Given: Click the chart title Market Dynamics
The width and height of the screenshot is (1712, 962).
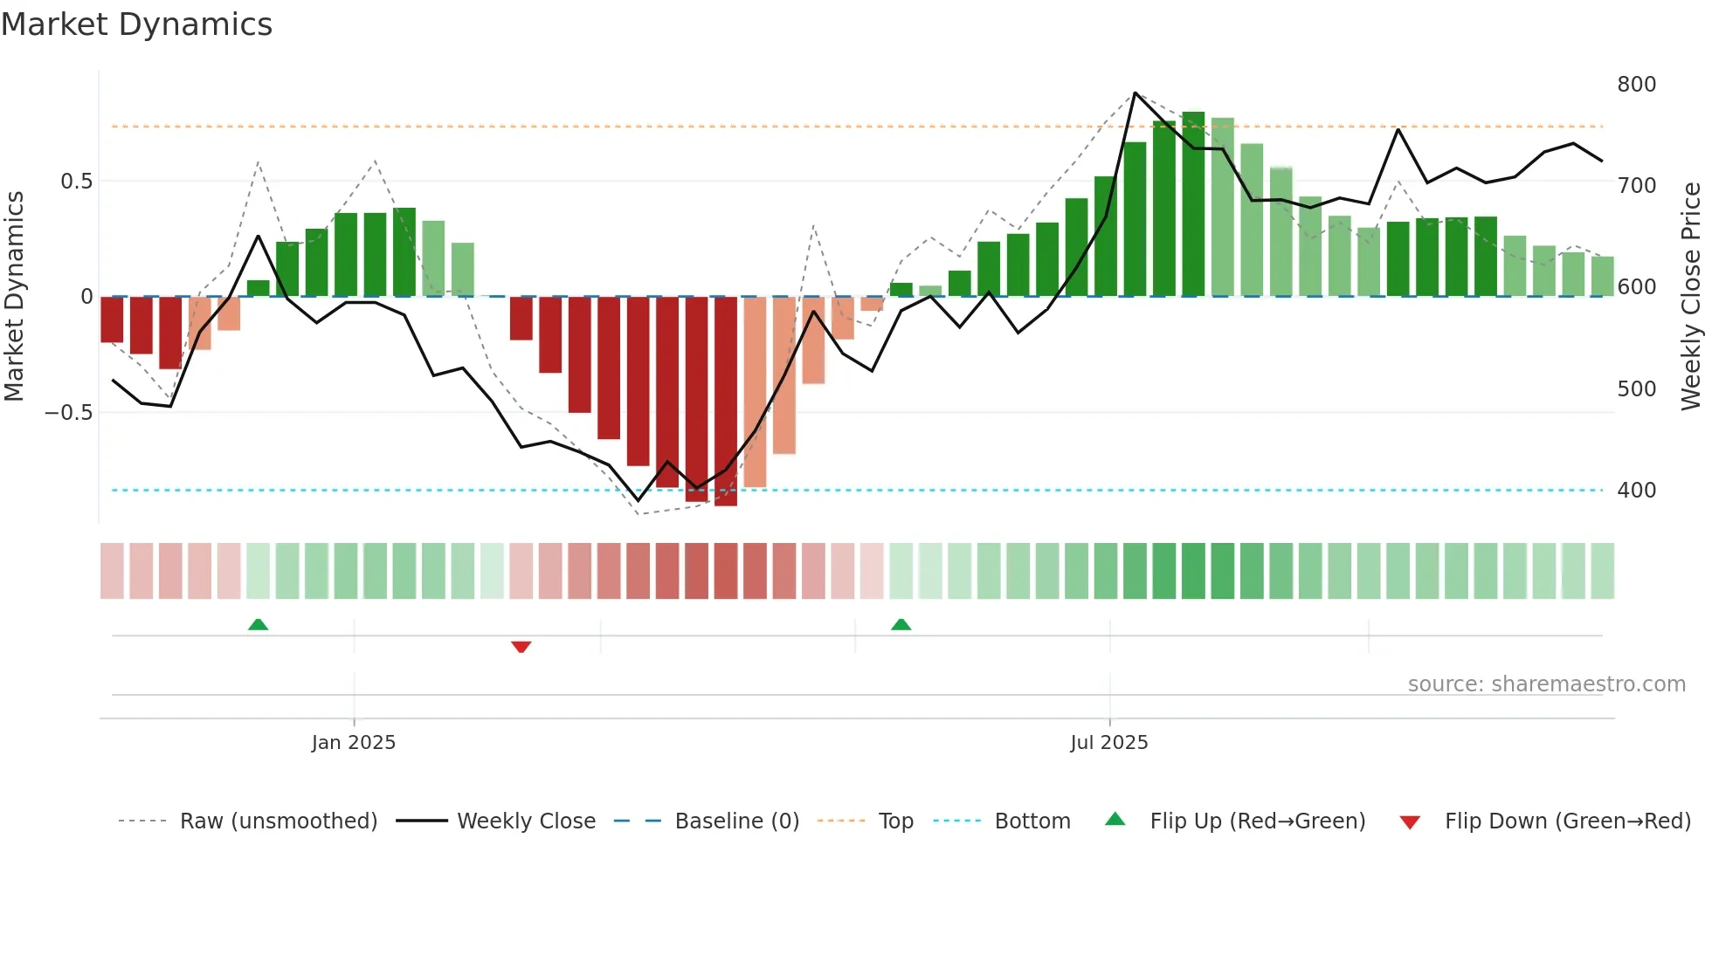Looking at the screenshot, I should tap(136, 24).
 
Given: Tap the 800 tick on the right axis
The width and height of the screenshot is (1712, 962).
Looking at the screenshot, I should tap(1636, 85).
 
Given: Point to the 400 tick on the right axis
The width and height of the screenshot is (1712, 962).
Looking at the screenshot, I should tap(1636, 491).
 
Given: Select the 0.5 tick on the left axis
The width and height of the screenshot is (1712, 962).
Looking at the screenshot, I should tap(76, 182).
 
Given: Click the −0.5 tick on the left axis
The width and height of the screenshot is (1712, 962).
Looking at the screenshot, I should tap(69, 413).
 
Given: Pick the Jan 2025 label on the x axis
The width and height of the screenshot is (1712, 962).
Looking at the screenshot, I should tap(354, 743).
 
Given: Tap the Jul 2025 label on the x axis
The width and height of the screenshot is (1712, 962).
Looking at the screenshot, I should tap(1109, 743).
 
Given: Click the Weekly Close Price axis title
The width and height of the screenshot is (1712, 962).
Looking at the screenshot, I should tap(1691, 297).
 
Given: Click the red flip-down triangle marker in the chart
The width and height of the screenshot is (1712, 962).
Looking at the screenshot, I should tap(521, 647).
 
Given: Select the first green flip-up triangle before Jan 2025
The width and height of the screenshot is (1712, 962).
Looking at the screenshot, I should tap(258, 624).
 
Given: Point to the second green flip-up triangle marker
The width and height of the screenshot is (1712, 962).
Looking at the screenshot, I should tap(901, 624).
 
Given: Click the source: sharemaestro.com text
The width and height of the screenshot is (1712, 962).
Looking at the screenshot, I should tap(1546, 684).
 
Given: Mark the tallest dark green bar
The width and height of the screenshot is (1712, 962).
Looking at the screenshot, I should tap(1193, 205).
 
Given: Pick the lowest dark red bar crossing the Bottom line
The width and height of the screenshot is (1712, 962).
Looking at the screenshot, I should tap(726, 402).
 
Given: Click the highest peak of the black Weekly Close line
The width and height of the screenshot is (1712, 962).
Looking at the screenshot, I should tap(1135, 93).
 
